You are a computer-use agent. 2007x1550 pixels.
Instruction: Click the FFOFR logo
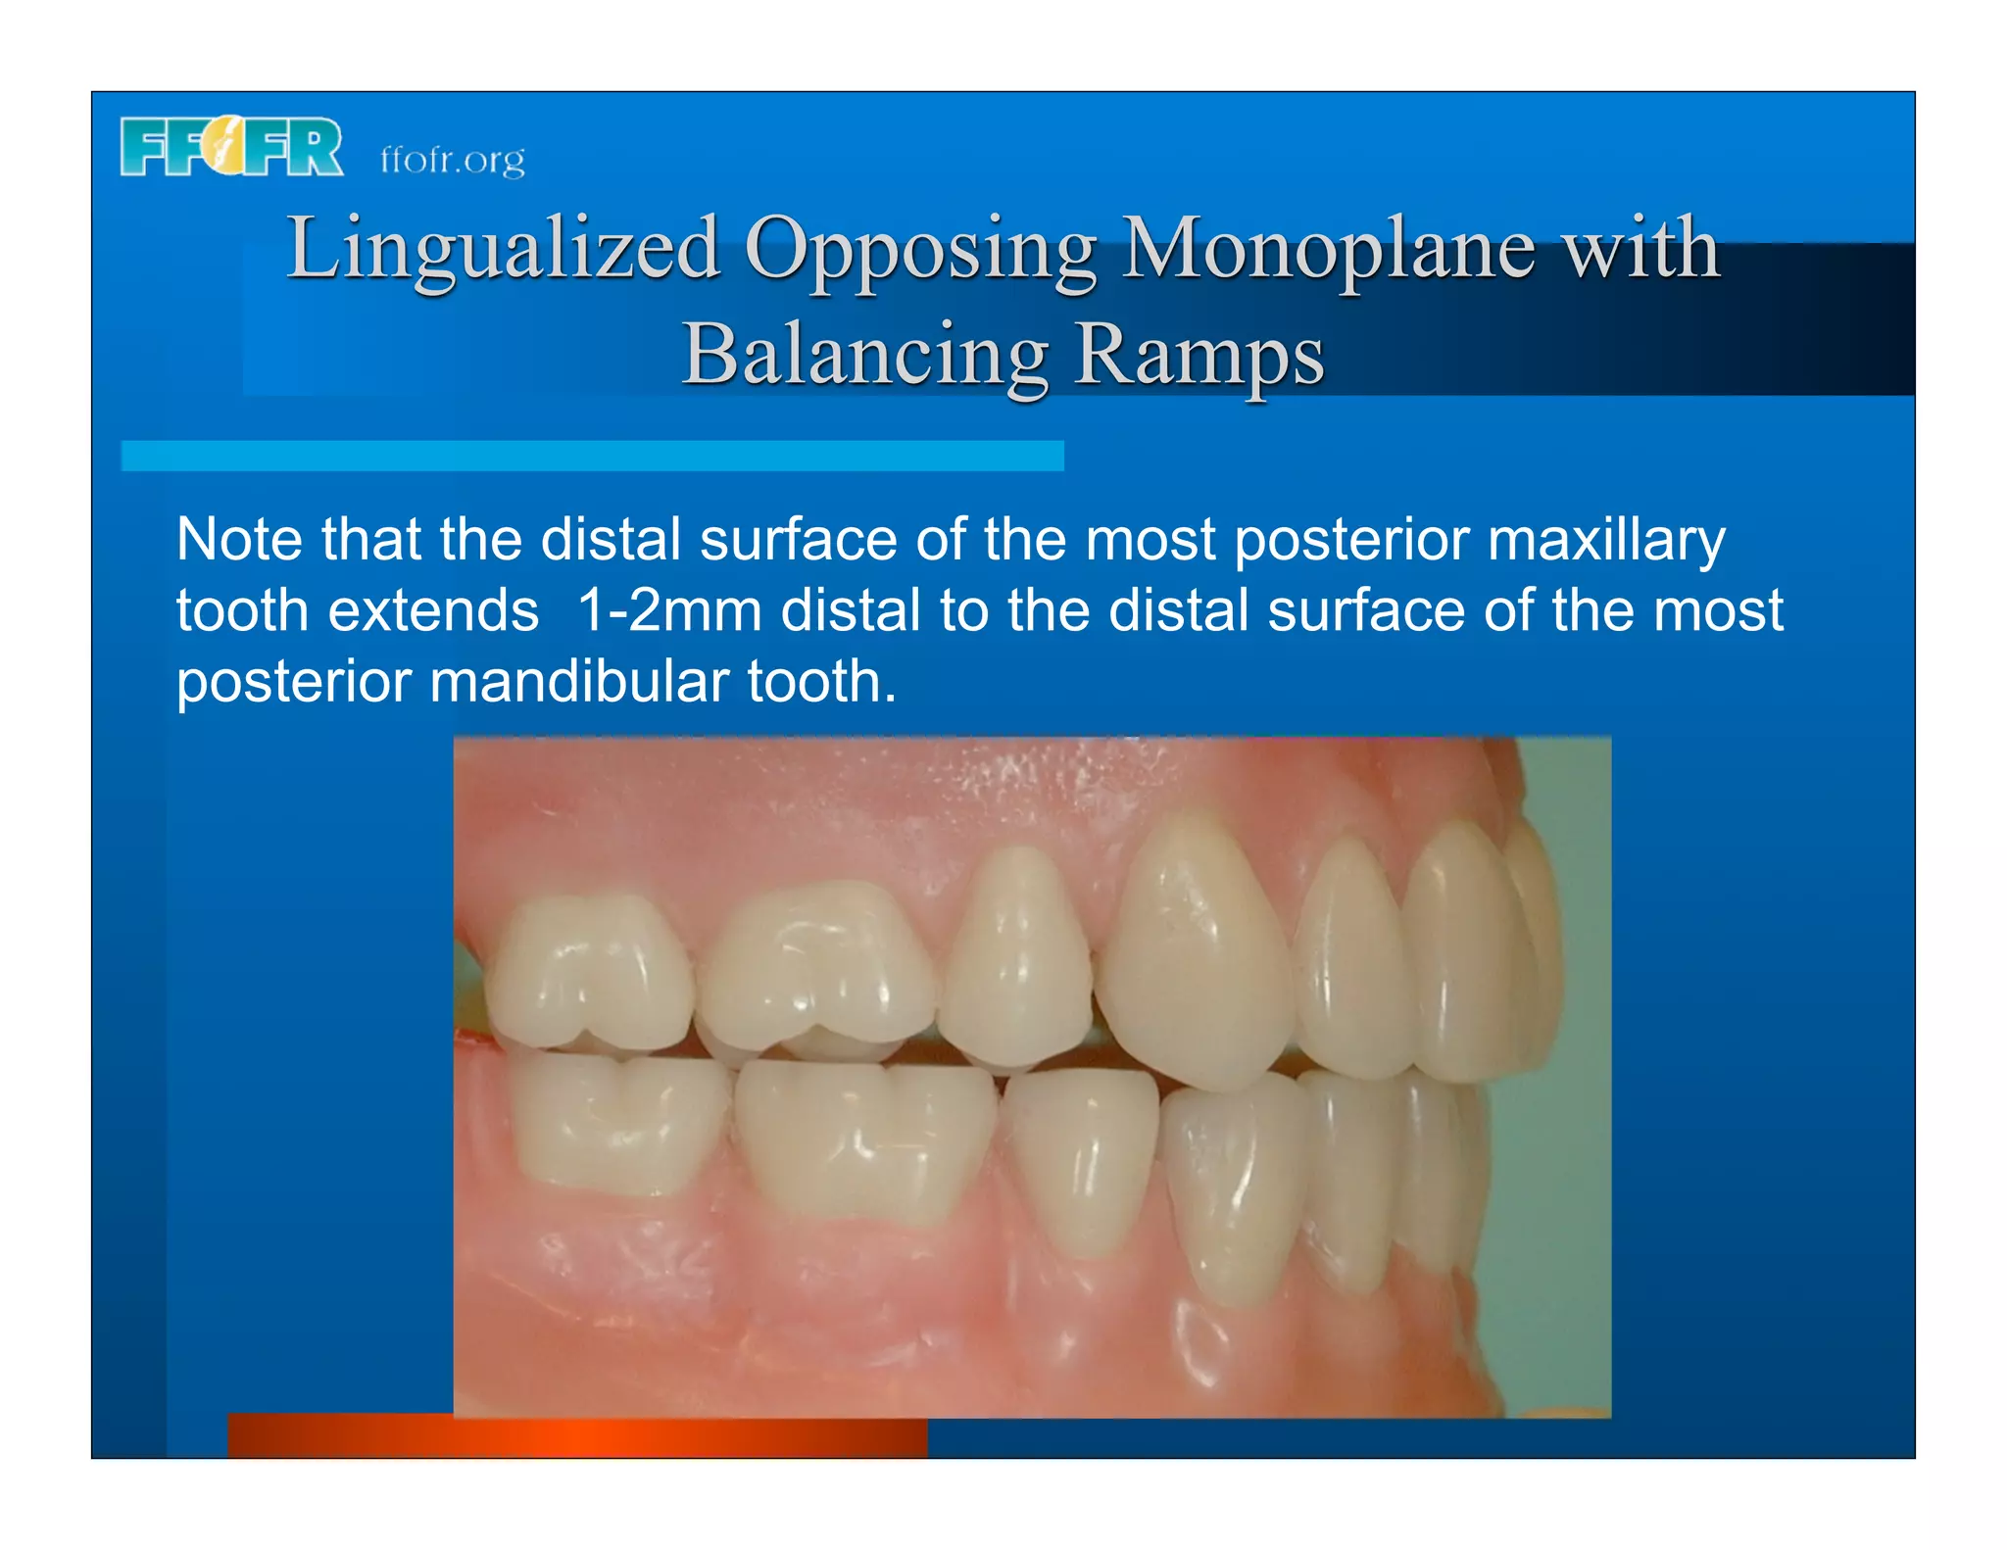[231, 148]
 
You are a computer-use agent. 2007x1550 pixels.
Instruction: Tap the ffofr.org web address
[452, 159]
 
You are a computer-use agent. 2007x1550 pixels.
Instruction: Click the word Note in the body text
[239, 539]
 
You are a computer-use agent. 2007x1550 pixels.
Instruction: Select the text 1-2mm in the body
[669, 610]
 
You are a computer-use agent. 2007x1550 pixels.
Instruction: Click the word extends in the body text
[432, 610]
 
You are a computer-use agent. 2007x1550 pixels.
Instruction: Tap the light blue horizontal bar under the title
[592, 456]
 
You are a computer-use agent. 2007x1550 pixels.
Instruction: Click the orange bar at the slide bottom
[577, 1436]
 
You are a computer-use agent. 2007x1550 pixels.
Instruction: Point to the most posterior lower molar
[617, 1122]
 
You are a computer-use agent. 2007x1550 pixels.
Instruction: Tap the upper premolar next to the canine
[1019, 960]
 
